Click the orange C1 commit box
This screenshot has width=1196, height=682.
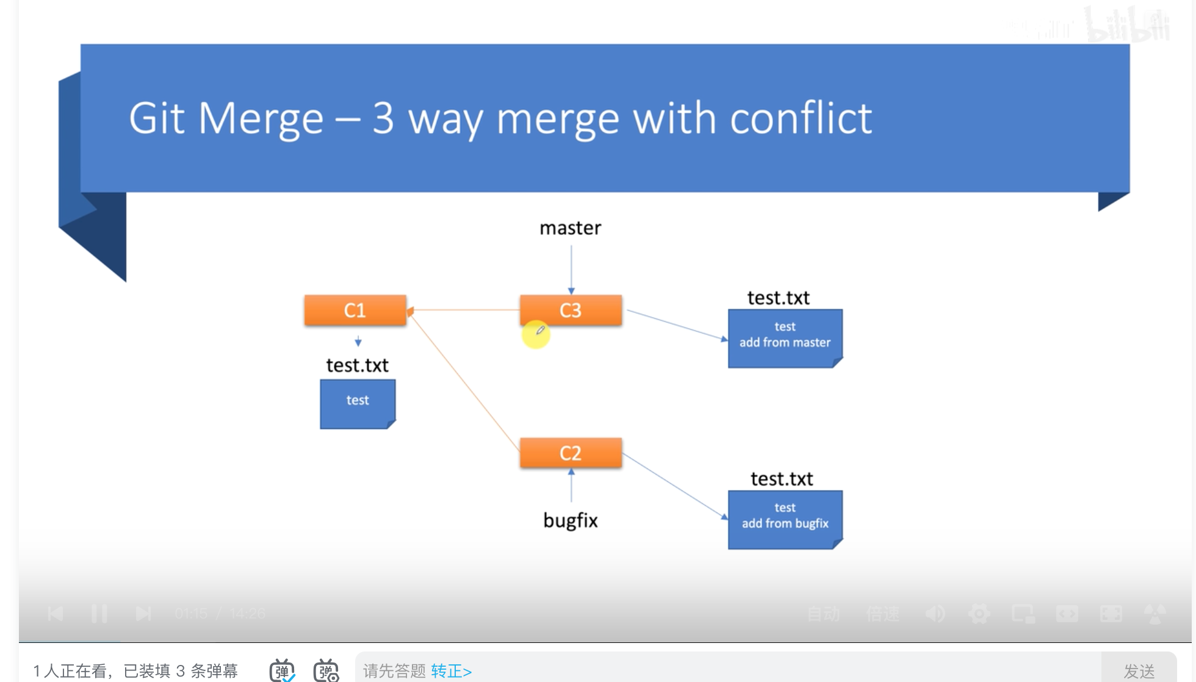(355, 310)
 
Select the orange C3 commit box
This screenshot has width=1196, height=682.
(571, 310)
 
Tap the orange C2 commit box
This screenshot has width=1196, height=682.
(571, 453)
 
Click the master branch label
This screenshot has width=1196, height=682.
(571, 228)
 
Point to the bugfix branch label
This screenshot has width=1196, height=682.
(571, 520)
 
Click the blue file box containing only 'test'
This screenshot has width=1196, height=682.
(358, 403)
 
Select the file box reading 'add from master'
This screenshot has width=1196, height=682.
(785, 337)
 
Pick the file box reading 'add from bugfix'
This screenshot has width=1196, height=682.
(785, 519)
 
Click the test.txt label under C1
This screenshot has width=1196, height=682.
(358, 365)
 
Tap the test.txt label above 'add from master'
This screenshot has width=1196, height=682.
(779, 298)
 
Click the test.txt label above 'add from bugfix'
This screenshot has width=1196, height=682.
(782, 479)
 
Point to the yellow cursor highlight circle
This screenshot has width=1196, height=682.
(536, 334)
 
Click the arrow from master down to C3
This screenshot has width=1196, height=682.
(571, 268)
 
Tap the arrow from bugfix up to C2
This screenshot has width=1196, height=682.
(571, 486)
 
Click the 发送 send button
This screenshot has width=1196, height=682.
(1139, 671)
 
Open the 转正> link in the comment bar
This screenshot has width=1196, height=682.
(451, 671)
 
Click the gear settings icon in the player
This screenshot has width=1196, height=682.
(979, 614)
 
